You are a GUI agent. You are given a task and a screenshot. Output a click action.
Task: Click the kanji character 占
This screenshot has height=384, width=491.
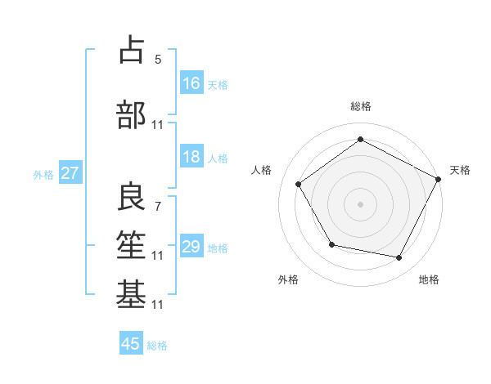tap(131, 51)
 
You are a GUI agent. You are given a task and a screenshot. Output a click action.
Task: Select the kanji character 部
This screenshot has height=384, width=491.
tap(131, 115)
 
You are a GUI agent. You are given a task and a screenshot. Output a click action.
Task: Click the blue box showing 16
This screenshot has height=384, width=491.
tap(191, 83)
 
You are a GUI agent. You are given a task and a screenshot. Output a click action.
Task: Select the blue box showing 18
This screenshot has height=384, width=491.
tap(191, 158)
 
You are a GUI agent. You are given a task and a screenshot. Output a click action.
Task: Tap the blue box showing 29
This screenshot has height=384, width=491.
tap(191, 248)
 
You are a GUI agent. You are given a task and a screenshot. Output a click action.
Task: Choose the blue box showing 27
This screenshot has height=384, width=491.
tap(70, 173)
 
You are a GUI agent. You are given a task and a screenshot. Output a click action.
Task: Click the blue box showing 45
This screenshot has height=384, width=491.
tap(131, 344)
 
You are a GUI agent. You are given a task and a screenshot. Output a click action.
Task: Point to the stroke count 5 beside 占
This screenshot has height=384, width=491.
tap(158, 60)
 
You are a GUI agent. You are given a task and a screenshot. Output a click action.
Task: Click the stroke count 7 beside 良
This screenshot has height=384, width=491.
tap(158, 206)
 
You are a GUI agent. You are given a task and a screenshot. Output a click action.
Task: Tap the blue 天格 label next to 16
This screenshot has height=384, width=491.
tap(218, 84)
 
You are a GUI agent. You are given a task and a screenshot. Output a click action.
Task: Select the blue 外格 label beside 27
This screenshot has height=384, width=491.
tap(43, 174)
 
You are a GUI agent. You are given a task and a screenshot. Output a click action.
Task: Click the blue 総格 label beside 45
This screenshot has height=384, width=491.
tap(157, 345)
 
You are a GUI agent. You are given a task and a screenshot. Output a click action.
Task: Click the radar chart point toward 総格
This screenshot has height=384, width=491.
tap(360, 140)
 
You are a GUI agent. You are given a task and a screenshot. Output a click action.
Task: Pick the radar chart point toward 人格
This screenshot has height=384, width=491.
tap(299, 184)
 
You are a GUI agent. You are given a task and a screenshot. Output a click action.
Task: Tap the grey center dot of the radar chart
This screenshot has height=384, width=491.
tap(360, 203)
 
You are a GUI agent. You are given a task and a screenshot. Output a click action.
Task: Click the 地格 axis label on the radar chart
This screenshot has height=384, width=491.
tap(429, 280)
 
